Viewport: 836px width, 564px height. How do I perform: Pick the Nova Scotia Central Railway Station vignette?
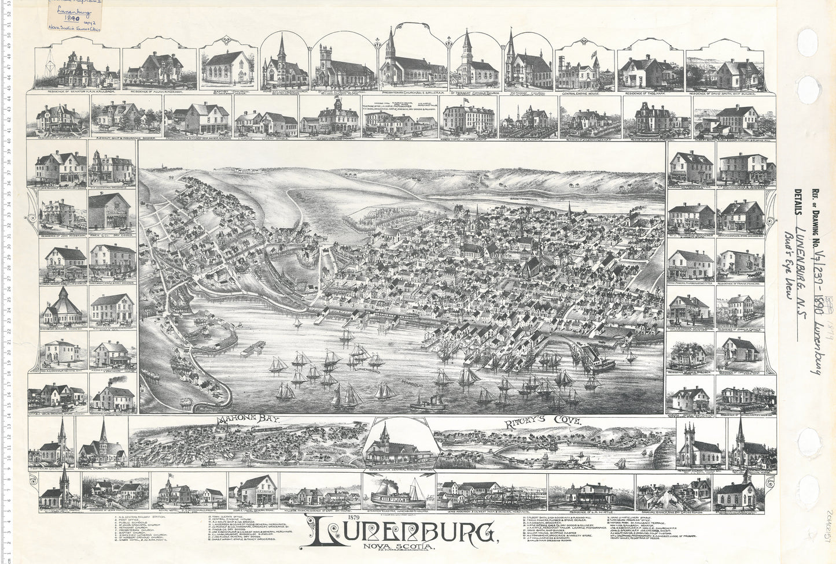pyautogui.click(x=399, y=446)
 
